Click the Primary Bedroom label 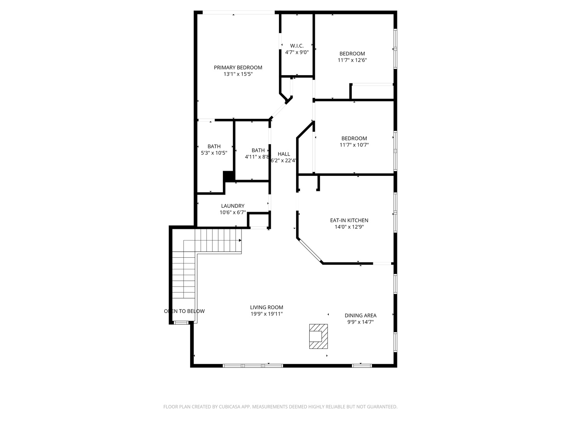[238, 67]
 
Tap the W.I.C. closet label [297, 46]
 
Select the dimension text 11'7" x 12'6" [352, 60]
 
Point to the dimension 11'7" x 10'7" [354, 145]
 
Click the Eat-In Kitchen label [349, 220]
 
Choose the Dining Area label [360, 315]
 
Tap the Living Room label [266, 307]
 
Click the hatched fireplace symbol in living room [318, 336]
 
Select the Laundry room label [233, 206]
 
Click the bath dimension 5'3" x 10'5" [214, 153]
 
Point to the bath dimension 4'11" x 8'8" [257, 157]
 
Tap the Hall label [284, 154]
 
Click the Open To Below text [184, 311]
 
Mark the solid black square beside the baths [229, 176]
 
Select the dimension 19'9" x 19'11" [266, 314]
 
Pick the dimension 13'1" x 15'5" [238, 74]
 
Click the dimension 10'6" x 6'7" [233, 212]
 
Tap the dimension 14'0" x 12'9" [349, 227]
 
